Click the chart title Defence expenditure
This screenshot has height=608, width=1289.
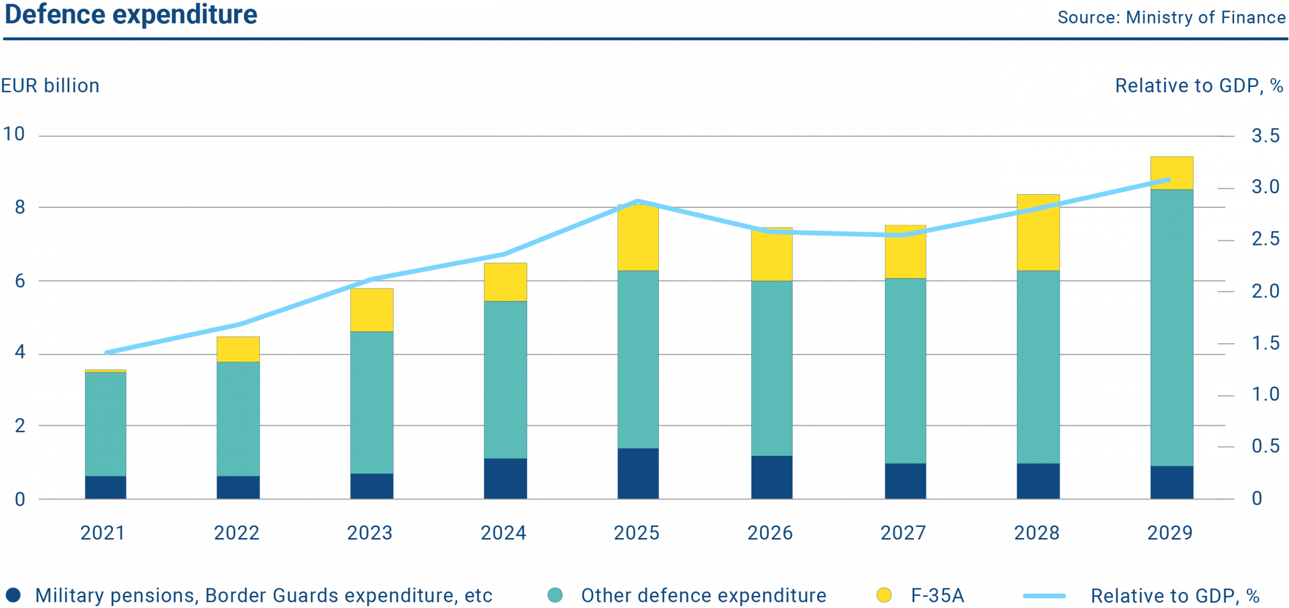click(131, 15)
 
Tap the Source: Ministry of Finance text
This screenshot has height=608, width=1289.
click(1171, 18)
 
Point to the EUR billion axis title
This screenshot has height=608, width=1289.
click(50, 86)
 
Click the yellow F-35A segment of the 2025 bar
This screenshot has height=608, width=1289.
click(638, 238)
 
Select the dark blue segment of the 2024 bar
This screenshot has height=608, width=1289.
click(505, 478)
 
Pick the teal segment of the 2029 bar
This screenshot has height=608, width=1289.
click(1171, 327)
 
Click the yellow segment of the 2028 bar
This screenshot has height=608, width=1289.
click(1038, 233)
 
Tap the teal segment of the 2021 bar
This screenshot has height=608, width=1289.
click(105, 424)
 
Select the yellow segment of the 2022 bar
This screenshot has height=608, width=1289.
click(238, 349)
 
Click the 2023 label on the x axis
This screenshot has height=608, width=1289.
click(369, 533)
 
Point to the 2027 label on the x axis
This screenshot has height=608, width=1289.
click(903, 533)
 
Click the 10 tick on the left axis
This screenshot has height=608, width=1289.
click(14, 134)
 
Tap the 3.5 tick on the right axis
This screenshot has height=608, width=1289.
click(1265, 135)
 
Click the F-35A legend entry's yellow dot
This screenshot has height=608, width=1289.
click(884, 595)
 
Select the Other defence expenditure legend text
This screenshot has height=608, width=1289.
click(703, 595)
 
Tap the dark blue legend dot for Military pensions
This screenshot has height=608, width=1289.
click(14, 595)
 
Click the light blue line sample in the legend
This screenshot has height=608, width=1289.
click(1044, 596)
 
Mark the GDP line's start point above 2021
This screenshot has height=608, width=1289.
click(106, 352)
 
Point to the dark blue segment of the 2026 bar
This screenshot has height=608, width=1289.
click(771, 477)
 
